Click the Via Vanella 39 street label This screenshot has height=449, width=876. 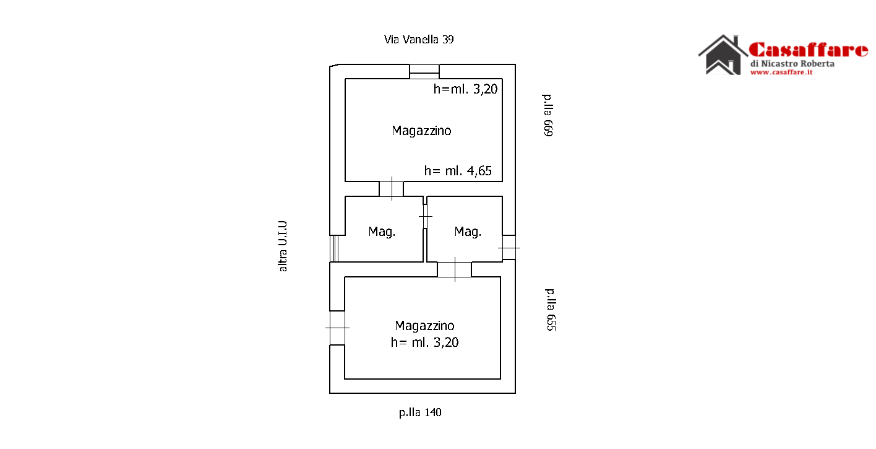[x=418, y=40]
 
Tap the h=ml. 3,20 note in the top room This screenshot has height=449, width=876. [x=465, y=89]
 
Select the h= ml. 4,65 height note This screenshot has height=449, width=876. [x=458, y=171]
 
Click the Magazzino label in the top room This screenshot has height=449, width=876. [x=421, y=131]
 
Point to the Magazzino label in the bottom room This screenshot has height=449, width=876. [x=425, y=326]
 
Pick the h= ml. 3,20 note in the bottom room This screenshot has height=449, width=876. [x=425, y=342]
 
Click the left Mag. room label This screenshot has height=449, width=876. [x=382, y=232]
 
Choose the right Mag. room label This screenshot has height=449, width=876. [x=468, y=232]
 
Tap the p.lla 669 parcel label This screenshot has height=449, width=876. [x=548, y=115]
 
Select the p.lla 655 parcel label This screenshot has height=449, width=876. [x=551, y=310]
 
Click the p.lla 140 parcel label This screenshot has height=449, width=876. [x=420, y=412]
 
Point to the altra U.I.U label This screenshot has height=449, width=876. [x=283, y=246]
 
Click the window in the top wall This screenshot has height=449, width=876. [x=424, y=72]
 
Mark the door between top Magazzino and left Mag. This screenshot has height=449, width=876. [x=392, y=189]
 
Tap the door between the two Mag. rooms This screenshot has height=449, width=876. [x=425, y=216]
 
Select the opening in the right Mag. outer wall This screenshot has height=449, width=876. [x=509, y=247]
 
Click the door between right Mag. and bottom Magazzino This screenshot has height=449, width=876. [x=455, y=269]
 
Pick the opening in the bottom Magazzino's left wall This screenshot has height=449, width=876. [x=337, y=328]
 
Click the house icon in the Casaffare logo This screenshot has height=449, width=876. [x=723, y=54]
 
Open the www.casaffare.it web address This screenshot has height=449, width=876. [x=781, y=72]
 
